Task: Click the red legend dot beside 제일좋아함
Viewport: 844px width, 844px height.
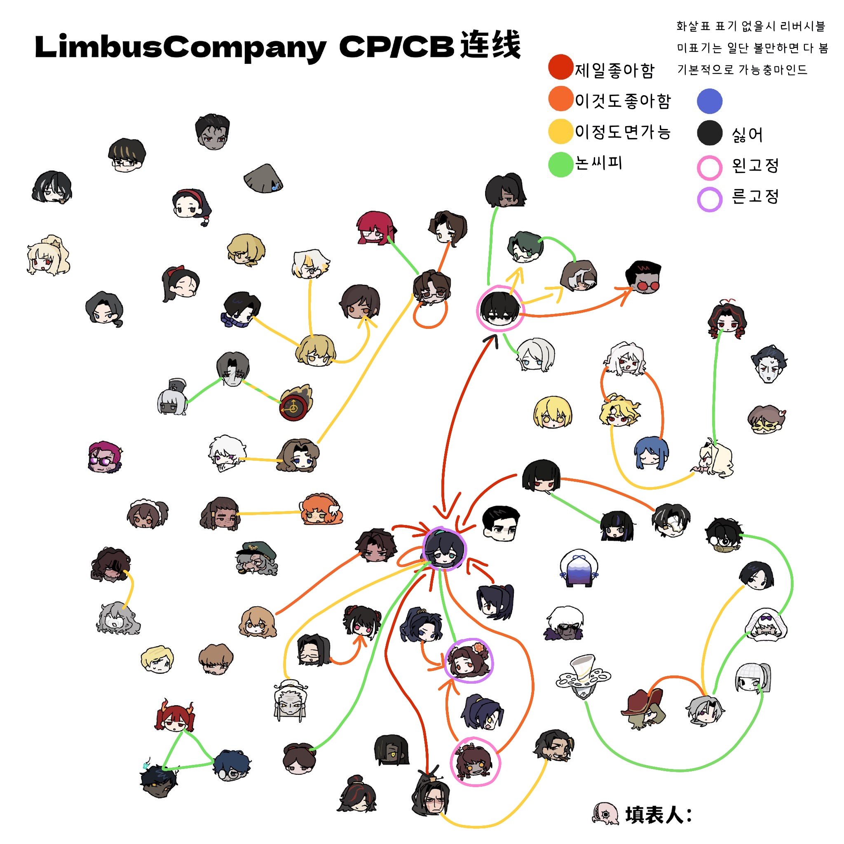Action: click(x=560, y=67)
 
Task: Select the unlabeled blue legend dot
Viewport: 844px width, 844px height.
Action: click(x=710, y=101)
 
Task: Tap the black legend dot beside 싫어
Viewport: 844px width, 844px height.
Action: click(x=710, y=132)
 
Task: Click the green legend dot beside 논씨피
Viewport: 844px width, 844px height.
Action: click(x=560, y=164)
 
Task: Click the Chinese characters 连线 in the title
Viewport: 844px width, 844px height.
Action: click(x=490, y=45)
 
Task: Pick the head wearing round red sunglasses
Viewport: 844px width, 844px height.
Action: click(x=642, y=277)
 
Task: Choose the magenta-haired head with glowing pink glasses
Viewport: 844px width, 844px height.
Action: click(x=105, y=457)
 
